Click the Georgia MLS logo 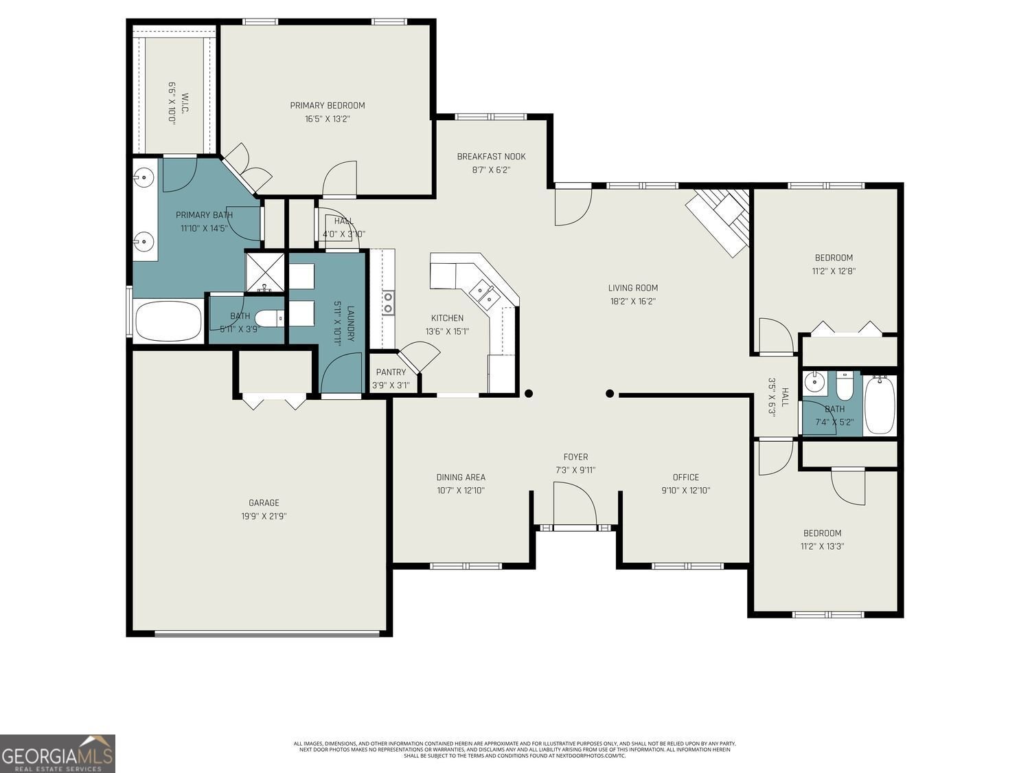tap(58, 753)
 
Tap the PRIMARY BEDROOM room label tap(328, 105)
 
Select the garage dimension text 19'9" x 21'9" tap(264, 516)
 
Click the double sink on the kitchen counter tap(485, 293)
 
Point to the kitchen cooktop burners tap(388, 302)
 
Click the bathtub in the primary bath tap(168, 321)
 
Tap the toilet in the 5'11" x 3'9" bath tap(270, 319)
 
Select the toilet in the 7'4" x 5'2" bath tap(844, 388)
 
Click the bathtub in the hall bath tap(880, 405)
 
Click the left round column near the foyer tap(529, 394)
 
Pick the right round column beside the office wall tap(609, 394)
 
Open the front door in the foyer tap(575, 505)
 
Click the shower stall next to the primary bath tap(265, 272)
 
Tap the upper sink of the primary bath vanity tap(144, 177)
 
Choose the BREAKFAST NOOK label tap(491, 157)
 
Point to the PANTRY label tap(391, 372)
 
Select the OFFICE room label tap(685, 477)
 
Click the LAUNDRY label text tap(350, 323)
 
